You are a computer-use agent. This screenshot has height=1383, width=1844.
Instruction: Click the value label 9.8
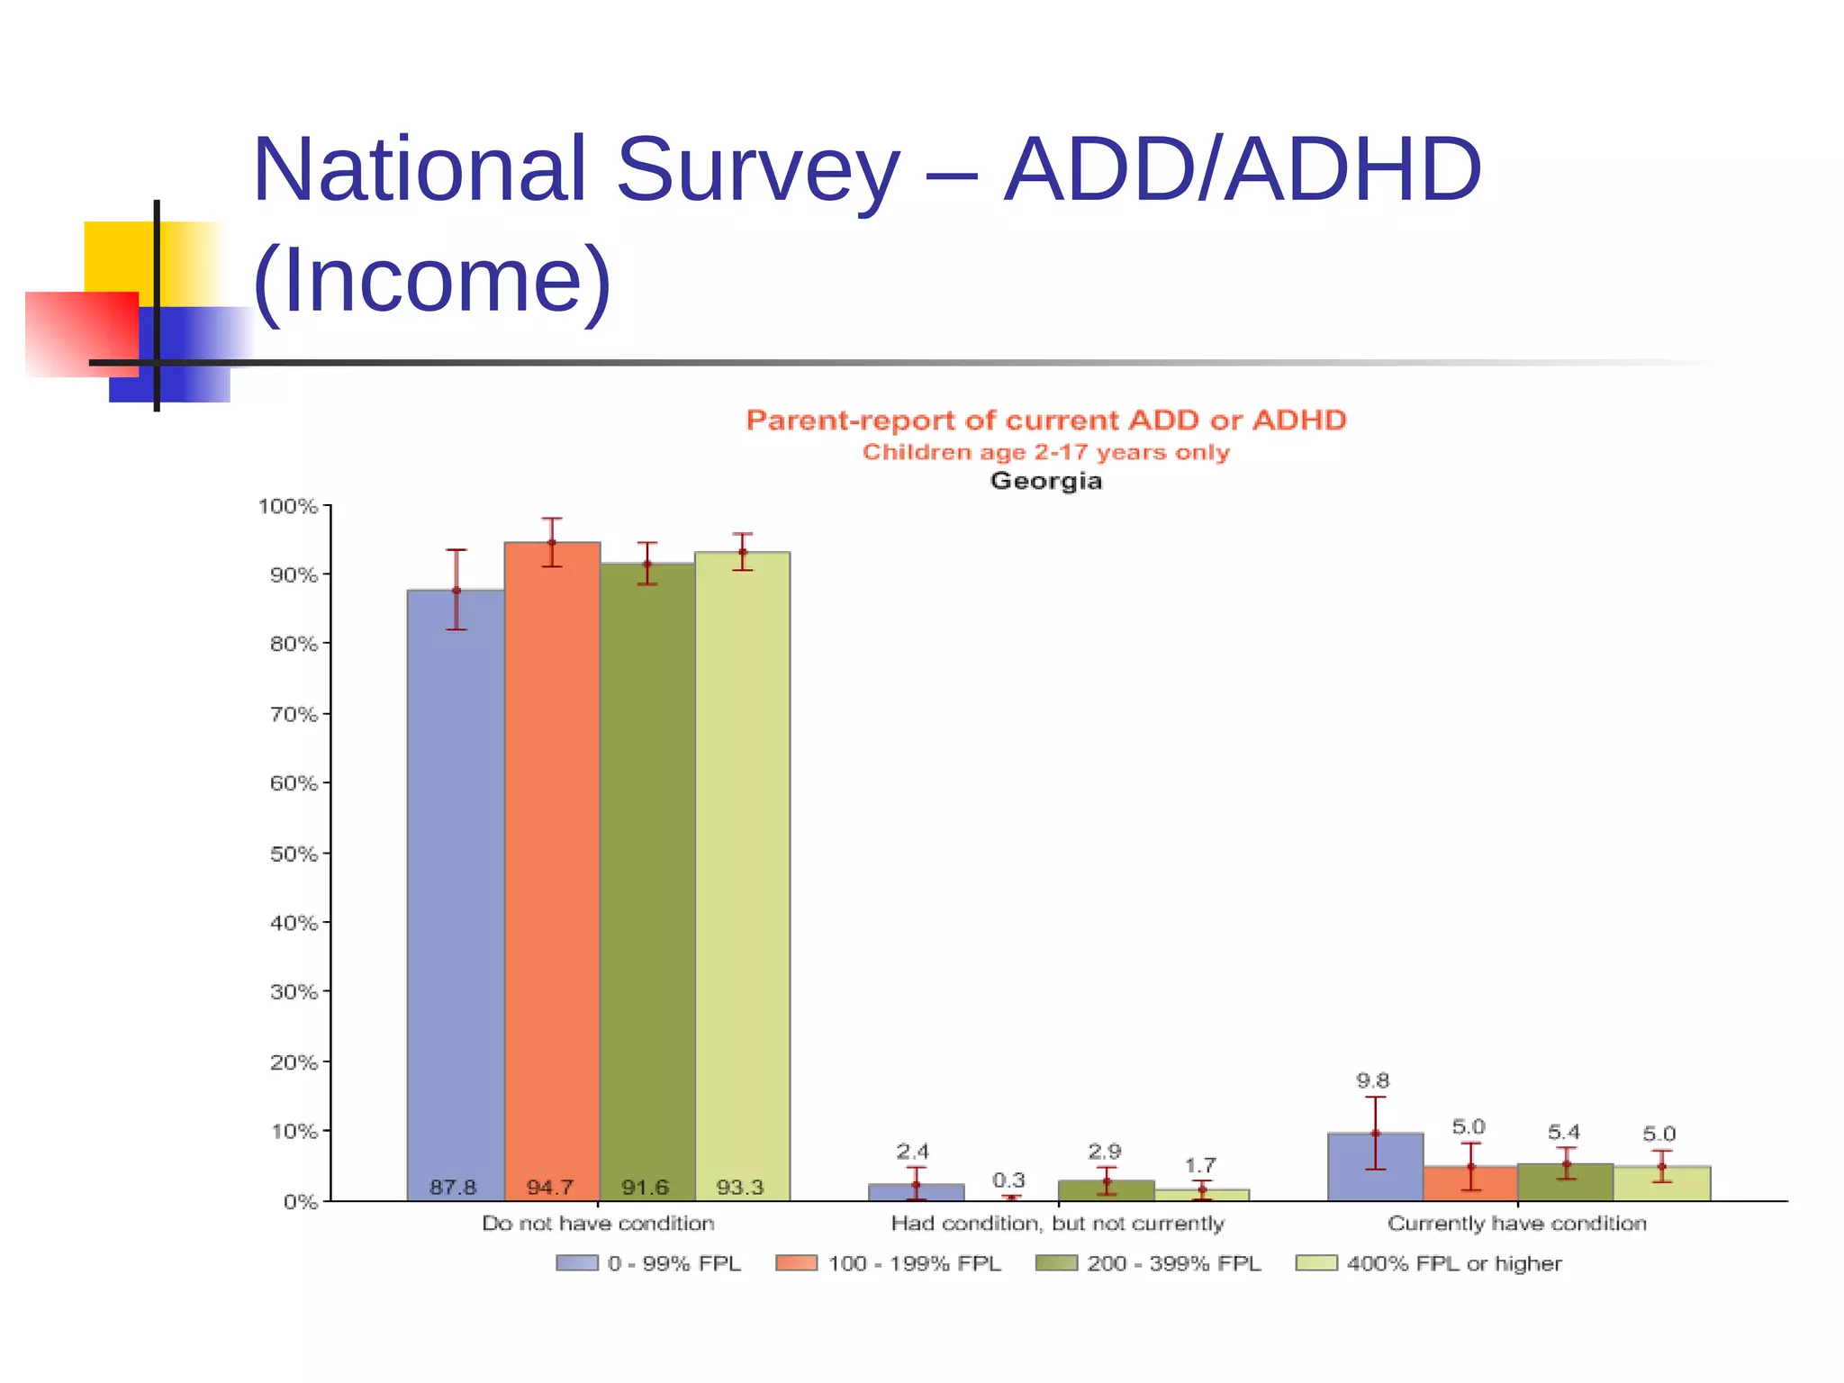[1373, 1080]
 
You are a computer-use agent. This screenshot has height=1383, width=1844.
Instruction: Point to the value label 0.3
[1008, 1180]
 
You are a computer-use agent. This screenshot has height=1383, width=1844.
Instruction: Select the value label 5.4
[1564, 1132]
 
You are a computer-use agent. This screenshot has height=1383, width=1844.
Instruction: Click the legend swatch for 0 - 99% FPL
[576, 1263]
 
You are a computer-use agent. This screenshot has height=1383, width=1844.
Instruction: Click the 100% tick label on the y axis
[288, 506]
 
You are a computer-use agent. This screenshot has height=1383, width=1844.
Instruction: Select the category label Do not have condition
[598, 1223]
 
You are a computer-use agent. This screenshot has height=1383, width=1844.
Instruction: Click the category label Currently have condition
[1517, 1223]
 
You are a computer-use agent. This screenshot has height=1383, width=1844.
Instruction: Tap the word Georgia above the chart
[1045, 481]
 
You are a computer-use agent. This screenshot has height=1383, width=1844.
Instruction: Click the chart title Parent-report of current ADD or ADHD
[1045, 420]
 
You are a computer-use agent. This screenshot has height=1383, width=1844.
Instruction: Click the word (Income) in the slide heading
[432, 280]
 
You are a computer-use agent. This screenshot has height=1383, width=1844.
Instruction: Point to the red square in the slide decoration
[81, 333]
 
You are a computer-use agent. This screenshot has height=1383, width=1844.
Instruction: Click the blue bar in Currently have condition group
[1375, 1167]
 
